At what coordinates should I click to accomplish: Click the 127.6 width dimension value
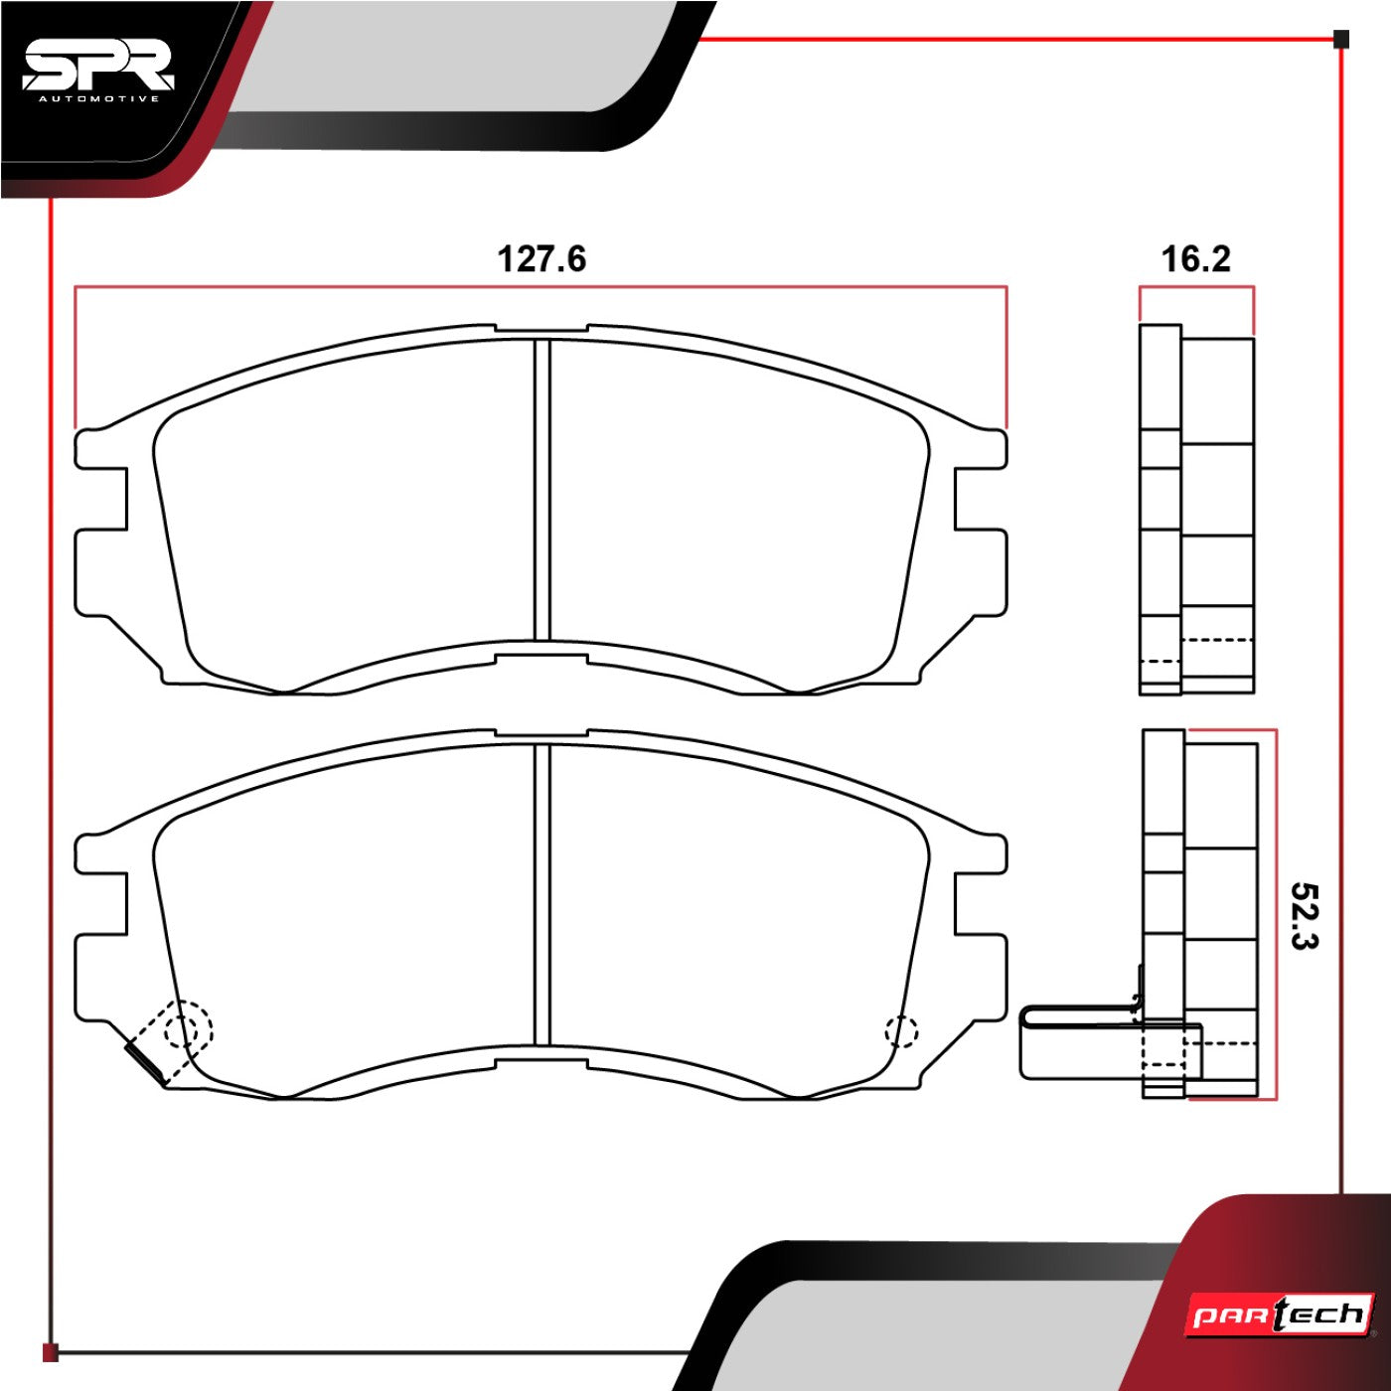pyautogui.click(x=541, y=258)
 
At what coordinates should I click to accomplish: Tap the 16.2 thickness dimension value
pyautogui.click(x=1195, y=258)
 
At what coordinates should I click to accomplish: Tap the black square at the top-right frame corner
pyautogui.click(x=1341, y=39)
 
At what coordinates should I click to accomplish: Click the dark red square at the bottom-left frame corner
pyautogui.click(x=50, y=1352)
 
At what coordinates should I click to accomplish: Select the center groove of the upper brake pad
pyautogui.click(x=542, y=490)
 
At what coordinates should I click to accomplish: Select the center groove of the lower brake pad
pyautogui.click(x=542, y=894)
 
